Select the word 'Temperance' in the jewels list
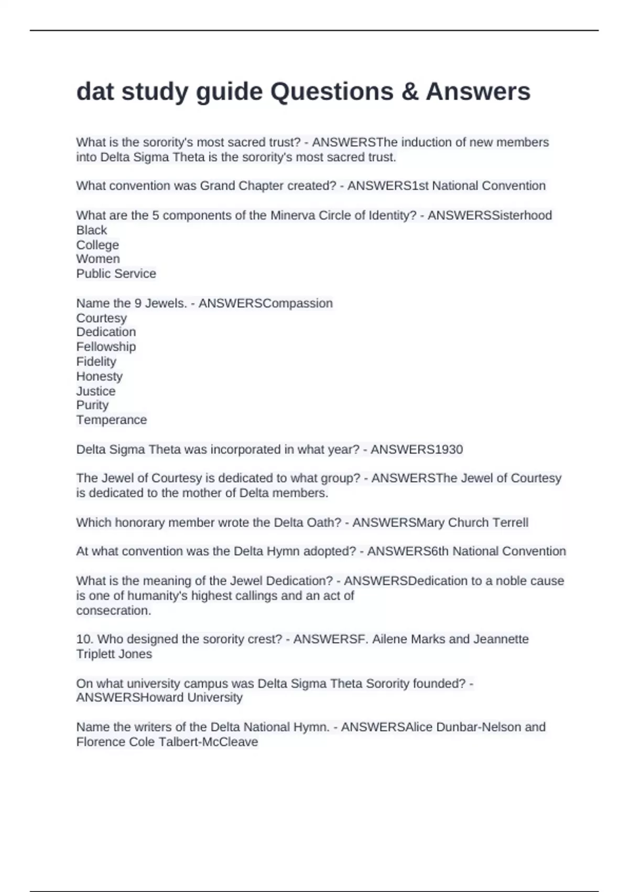coord(112,420)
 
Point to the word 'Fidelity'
coord(96,362)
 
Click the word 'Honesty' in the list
coord(100,376)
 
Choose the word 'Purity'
coord(93,405)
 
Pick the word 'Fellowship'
coord(106,347)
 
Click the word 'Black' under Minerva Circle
coord(92,230)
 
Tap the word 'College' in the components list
coord(97,245)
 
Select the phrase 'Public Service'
coord(116,274)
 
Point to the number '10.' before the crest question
coord(85,639)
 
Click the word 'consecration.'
coord(114,611)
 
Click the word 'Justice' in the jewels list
coord(96,391)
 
